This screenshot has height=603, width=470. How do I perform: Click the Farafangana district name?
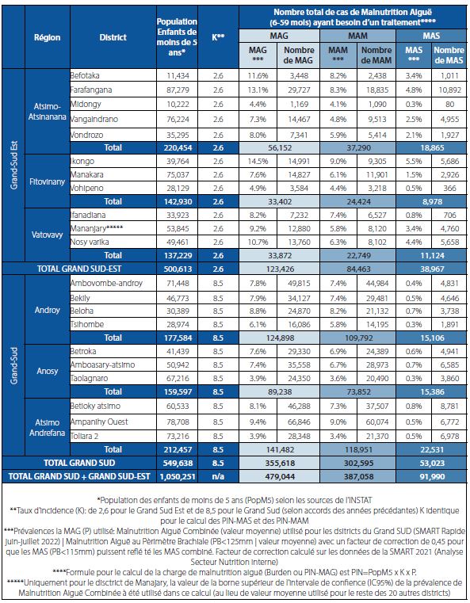(91, 90)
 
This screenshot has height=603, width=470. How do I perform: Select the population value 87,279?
(178, 90)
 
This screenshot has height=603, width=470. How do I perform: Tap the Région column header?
(48, 37)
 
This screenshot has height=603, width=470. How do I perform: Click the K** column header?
(218, 37)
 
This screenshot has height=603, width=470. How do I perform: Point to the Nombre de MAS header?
(449, 55)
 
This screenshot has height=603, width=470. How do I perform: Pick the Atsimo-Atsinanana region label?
(48, 112)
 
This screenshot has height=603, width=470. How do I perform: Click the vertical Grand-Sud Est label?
(13, 166)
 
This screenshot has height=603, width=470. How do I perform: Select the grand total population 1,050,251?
(177, 476)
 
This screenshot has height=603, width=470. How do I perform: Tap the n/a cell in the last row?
(218, 476)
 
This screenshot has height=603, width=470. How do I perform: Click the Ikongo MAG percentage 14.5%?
(258, 161)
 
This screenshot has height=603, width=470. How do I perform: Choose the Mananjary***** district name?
(97, 228)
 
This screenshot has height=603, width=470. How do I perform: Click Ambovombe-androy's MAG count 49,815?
(299, 284)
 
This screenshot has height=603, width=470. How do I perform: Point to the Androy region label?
(48, 310)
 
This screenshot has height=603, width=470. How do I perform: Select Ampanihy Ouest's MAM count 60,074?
(377, 422)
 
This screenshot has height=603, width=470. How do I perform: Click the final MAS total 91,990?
(432, 476)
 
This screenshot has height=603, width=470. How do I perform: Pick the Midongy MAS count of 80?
(449, 105)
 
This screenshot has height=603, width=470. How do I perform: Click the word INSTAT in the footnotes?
(358, 500)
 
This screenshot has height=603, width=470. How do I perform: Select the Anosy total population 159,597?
(178, 392)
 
